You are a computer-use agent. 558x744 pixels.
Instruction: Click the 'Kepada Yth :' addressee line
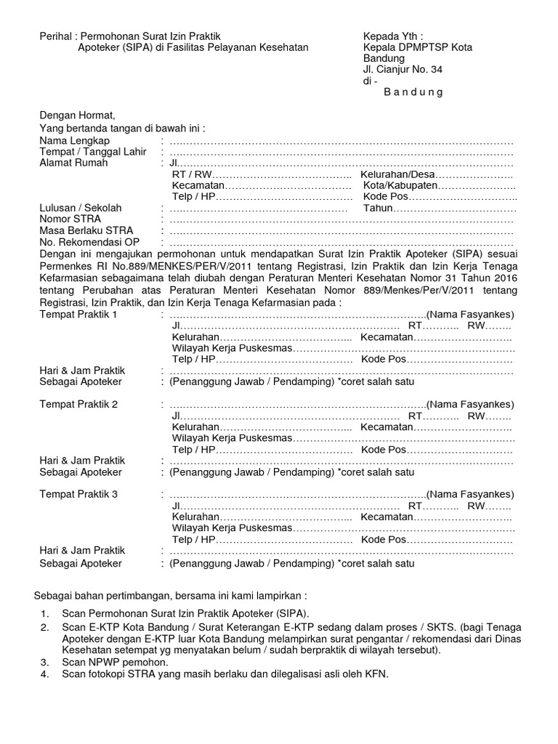(x=393, y=36)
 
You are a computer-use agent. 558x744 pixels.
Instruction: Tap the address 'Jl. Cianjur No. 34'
(x=403, y=70)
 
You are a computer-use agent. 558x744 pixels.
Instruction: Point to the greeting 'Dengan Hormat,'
(x=77, y=116)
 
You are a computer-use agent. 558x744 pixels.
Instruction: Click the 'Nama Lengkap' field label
(x=75, y=140)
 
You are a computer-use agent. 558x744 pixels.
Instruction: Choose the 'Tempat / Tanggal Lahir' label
(x=93, y=152)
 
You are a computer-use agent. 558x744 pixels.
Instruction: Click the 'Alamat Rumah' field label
(x=73, y=163)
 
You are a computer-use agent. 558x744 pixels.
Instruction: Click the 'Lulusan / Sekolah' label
(x=81, y=208)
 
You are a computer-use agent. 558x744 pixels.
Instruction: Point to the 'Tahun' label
(x=378, y=208)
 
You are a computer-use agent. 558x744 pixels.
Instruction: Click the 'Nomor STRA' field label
(x=70, y=219)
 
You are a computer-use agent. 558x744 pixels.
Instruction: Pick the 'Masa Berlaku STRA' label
(x=86, y=230)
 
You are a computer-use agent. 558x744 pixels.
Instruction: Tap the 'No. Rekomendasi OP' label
(x=89, y=242)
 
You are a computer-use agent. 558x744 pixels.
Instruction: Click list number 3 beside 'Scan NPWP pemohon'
(x=45, y=662)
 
